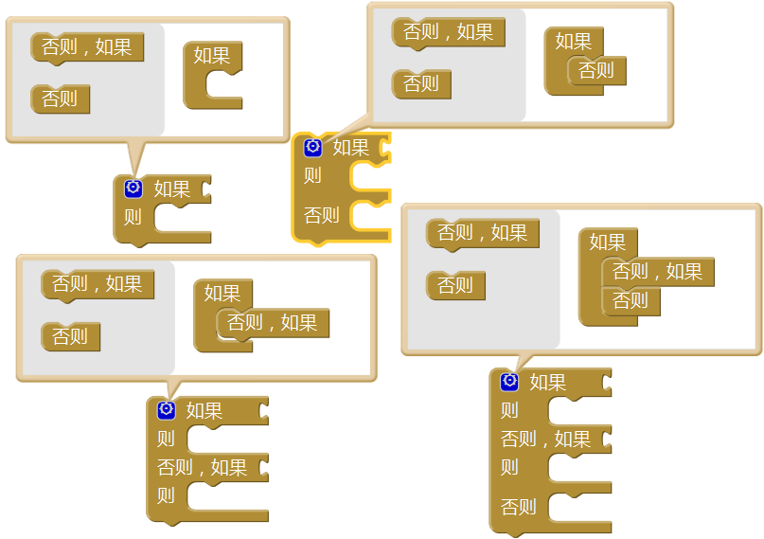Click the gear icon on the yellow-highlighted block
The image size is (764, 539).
tap(313, 148)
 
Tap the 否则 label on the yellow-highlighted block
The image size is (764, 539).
tap(321, 215)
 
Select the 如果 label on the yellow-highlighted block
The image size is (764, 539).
tap(350, 148)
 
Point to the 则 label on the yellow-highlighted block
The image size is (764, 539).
tap(312, 175)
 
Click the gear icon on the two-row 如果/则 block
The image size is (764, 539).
tap(133, 189)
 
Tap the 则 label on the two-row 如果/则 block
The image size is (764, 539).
tap(133, 217)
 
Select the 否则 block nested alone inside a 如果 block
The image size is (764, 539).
tap(596, 70)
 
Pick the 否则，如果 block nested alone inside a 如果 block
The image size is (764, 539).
tap(273, 323)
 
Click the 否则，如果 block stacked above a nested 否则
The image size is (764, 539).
tap(658, 272)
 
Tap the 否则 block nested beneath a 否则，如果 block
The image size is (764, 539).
tap(631, 301)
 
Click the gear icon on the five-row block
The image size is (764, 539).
tap(509, 381)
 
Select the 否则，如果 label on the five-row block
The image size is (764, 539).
tap(545, 439)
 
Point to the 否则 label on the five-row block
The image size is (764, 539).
tap(518, 507)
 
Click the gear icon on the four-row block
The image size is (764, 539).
tap(167, 409)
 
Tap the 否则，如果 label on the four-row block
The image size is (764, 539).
tap(202, 467)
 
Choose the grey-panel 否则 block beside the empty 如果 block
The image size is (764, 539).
tap(60, 99)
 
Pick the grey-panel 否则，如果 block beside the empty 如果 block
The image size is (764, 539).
tap(87, 47)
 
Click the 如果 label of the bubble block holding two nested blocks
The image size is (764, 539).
tap(607, 242)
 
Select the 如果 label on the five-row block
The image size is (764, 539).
tap(547, 382)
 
